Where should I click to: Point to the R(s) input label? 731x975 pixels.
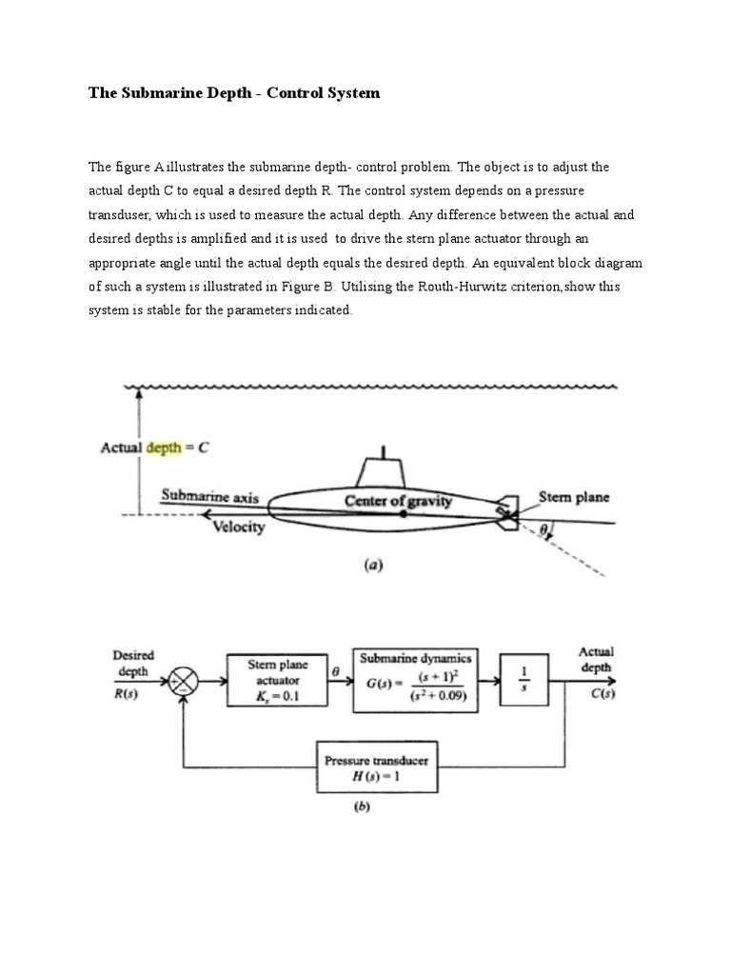click(x=126, y=694)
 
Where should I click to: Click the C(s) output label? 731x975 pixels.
click(x=603, y=693)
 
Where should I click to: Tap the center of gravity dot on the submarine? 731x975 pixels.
click(x=404, y=514)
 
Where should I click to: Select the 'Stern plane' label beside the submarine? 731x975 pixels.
click(x=574, y=497)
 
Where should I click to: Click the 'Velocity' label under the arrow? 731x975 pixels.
click(x=239, y=527)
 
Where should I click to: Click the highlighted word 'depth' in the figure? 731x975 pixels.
click(x=164, y=448)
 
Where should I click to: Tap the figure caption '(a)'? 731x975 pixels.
click(x=373, y=565)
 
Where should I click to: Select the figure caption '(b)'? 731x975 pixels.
click(x=362, y=806)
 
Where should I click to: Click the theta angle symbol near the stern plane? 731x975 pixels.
click(x=543, y=529)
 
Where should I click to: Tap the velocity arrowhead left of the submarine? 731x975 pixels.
click(x=207, y=514)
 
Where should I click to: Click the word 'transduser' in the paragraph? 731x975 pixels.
click(x=119, y=215)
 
